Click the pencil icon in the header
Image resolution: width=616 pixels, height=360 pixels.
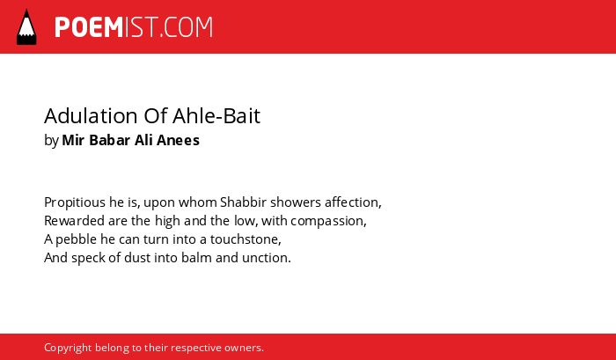tap(26, 26)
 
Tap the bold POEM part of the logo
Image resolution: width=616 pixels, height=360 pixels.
tap(89, 27)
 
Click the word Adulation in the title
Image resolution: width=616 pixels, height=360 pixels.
tap(91, 116)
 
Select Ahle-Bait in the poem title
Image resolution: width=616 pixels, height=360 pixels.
tap(216, 116)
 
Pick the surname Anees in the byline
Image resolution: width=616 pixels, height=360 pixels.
tap(179, 140)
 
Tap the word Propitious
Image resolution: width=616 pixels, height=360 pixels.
tap(75, 202)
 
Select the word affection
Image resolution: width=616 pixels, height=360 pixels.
tap(352, 202)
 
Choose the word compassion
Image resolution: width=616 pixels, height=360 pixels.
tap(327, 222)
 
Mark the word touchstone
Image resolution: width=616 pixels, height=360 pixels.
tap(245, 239)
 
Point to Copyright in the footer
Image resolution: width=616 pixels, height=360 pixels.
tap(68, 349)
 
